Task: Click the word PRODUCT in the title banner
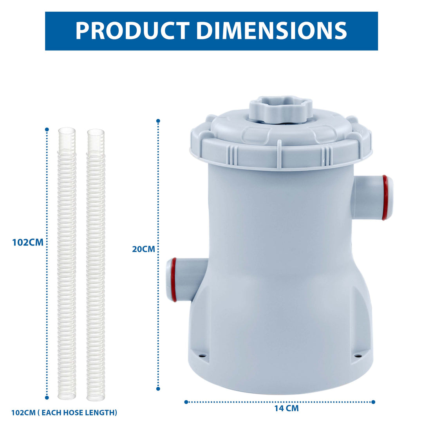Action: [132, 31]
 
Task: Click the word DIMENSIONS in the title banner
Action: [271, 31]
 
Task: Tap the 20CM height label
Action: [143, 249]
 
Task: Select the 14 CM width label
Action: [286, 408]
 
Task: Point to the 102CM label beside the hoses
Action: [27, 242]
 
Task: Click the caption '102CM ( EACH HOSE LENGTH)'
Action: [64, 412]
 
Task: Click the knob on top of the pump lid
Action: [280, 108]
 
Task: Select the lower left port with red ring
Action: [184, 280]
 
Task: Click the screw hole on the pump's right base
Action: [358, 356]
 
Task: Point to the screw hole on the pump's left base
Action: [202, 356]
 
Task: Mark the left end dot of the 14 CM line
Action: [186, 402]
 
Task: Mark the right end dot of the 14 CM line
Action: [373, 402]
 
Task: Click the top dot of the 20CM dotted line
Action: [158, 121]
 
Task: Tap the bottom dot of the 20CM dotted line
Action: [158, 389]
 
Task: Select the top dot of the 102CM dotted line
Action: [47, 129]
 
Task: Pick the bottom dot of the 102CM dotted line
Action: [47, 397]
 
